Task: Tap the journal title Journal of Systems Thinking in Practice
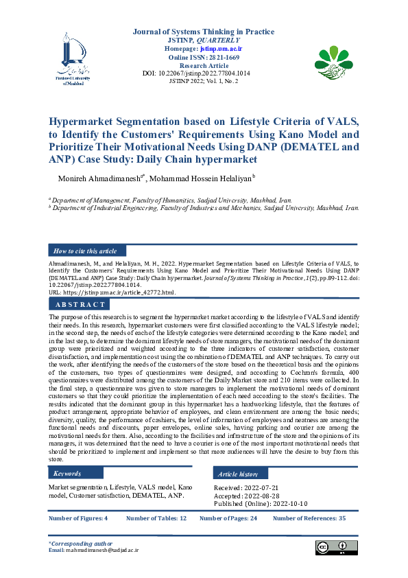point(204,32)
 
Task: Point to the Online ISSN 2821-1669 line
point(204,58)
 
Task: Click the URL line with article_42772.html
point(112,292)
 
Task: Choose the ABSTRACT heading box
point(80,304)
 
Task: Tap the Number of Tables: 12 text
point(156,518)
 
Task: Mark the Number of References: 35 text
point(309,518)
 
